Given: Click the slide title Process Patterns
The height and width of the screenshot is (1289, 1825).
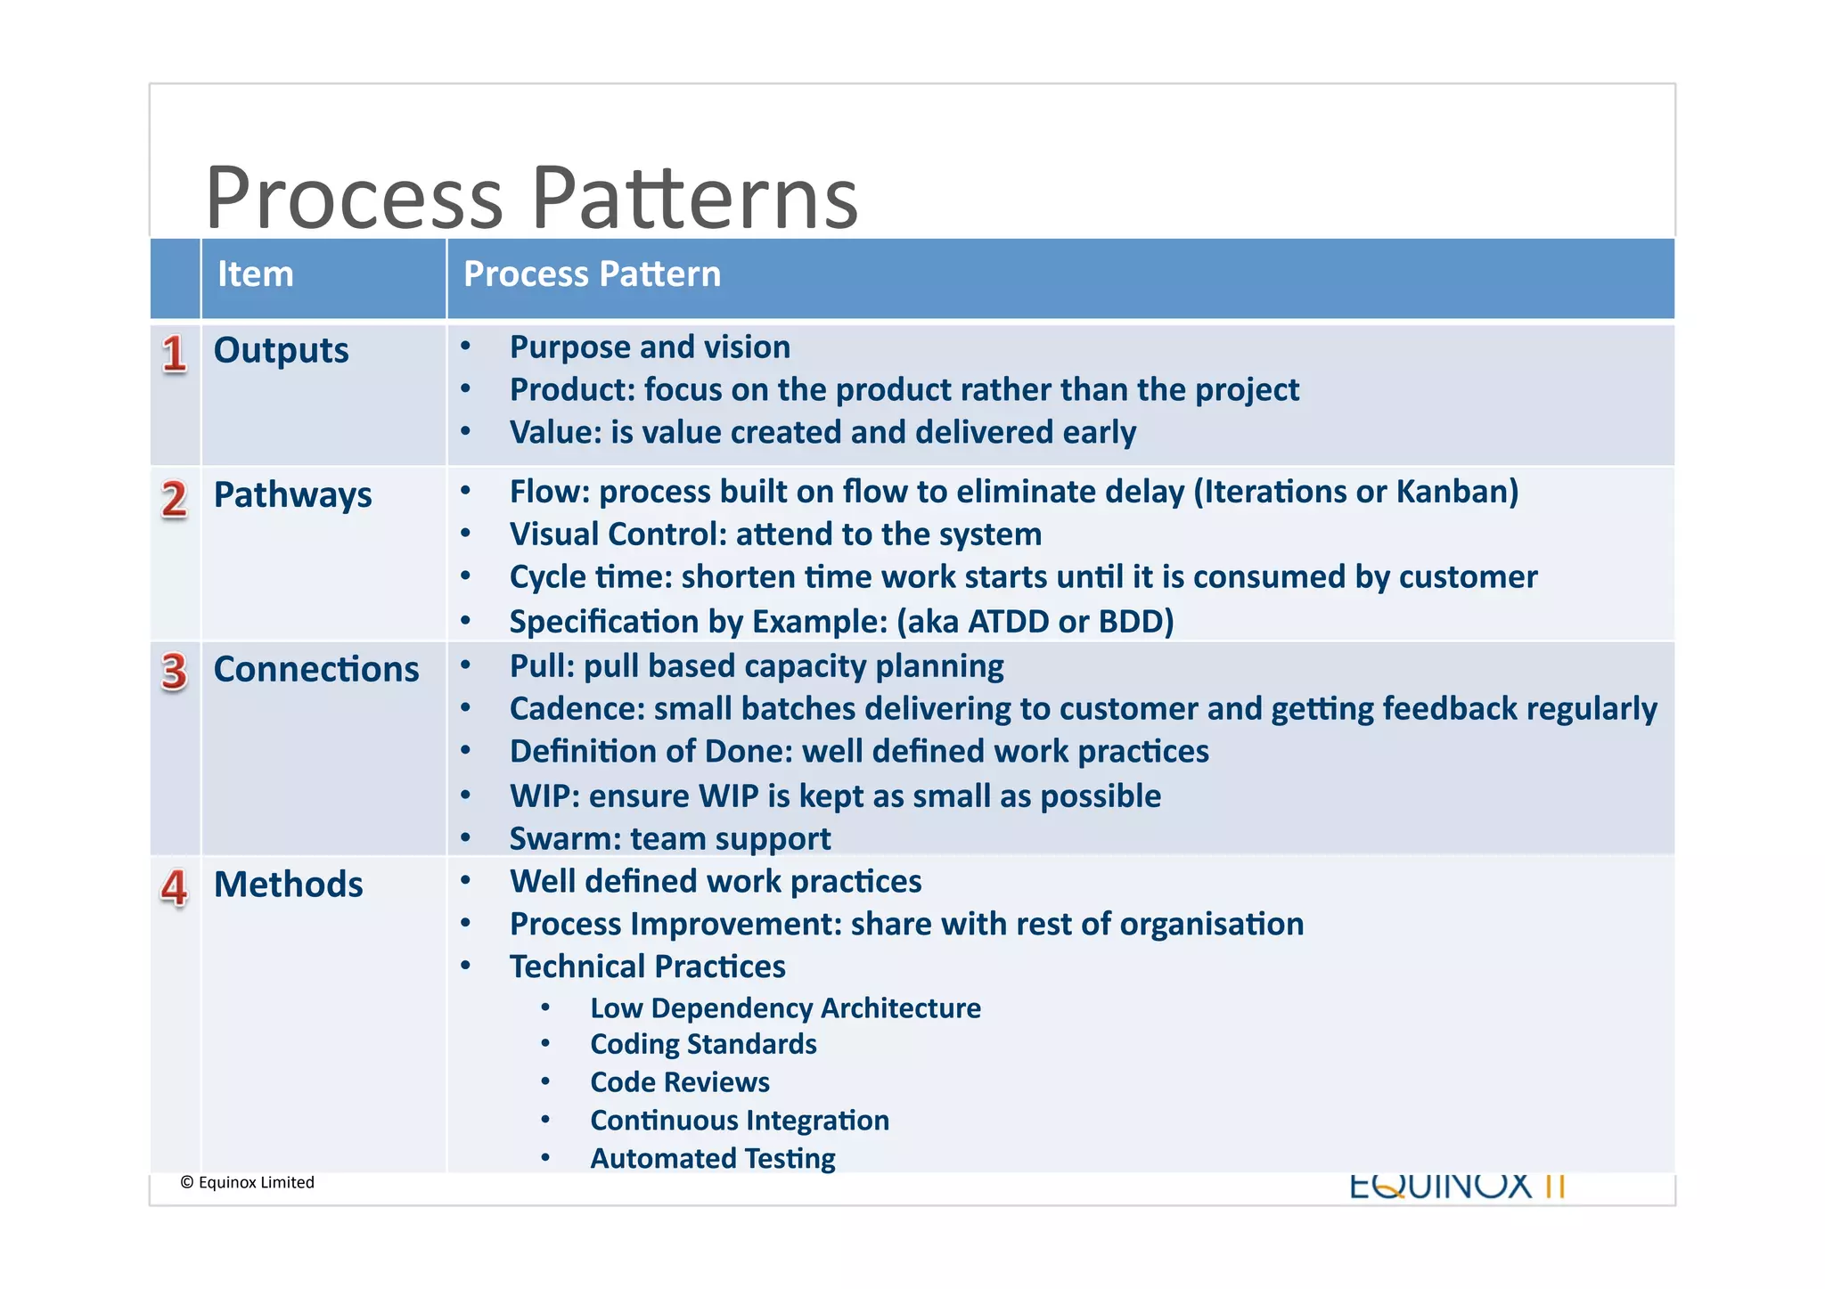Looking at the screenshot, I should pos(531,198).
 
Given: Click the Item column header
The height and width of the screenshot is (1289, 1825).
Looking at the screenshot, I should pos(256,274).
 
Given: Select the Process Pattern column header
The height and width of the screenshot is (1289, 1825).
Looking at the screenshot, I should pos(592,274).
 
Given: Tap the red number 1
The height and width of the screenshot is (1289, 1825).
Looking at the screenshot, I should pos(174,354).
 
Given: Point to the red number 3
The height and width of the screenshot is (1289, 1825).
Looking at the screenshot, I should pos(174,672).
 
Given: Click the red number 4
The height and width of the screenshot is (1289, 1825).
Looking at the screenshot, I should pos(174,887).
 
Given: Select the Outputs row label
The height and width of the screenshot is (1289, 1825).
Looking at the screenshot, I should pos(281,351).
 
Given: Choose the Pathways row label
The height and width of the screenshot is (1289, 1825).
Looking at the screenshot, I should pos(292,495).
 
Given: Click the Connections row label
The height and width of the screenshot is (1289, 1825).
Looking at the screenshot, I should pos(315,670).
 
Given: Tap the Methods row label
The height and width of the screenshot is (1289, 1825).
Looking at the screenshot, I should pos(288,885).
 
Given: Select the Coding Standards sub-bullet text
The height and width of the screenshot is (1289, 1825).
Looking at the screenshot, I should pos(703,1044).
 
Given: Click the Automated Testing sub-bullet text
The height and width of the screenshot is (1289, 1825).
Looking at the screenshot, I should pos(713,1158).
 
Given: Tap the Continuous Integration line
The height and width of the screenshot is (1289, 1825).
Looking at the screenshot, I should pos(740,1120).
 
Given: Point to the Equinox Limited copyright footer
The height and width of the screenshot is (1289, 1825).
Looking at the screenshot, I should pos(248,1182).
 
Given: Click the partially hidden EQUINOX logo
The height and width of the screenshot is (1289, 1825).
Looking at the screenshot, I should pos(1457,1187).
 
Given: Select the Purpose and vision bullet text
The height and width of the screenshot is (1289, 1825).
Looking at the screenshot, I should pos(650,347).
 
